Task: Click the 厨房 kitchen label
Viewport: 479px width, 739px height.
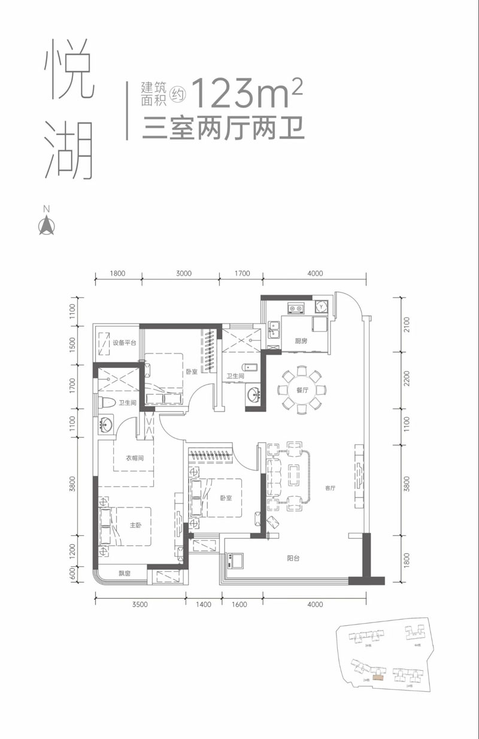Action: pyautogui.click(x=301, y=341)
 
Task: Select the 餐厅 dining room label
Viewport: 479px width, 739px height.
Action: pyautogui.click(x=301, y=390)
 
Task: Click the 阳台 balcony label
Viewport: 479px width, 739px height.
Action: pyautogui.click(x=293, y=558)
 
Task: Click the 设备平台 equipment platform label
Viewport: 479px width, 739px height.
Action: pyautogui.click(x=125, y=343)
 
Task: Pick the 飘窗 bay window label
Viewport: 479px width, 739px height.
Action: pyautogui.click(x=124, y=574)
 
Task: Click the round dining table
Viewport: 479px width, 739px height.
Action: pyautogui.click(x=301, y=390)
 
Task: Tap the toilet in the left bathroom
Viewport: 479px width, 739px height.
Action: pyautogui.click(x=108, y=403)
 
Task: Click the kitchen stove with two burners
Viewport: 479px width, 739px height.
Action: pyautogui.click(x=296, y=309)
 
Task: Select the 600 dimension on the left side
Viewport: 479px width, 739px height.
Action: pyautogui.click(x=74, y=574)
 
